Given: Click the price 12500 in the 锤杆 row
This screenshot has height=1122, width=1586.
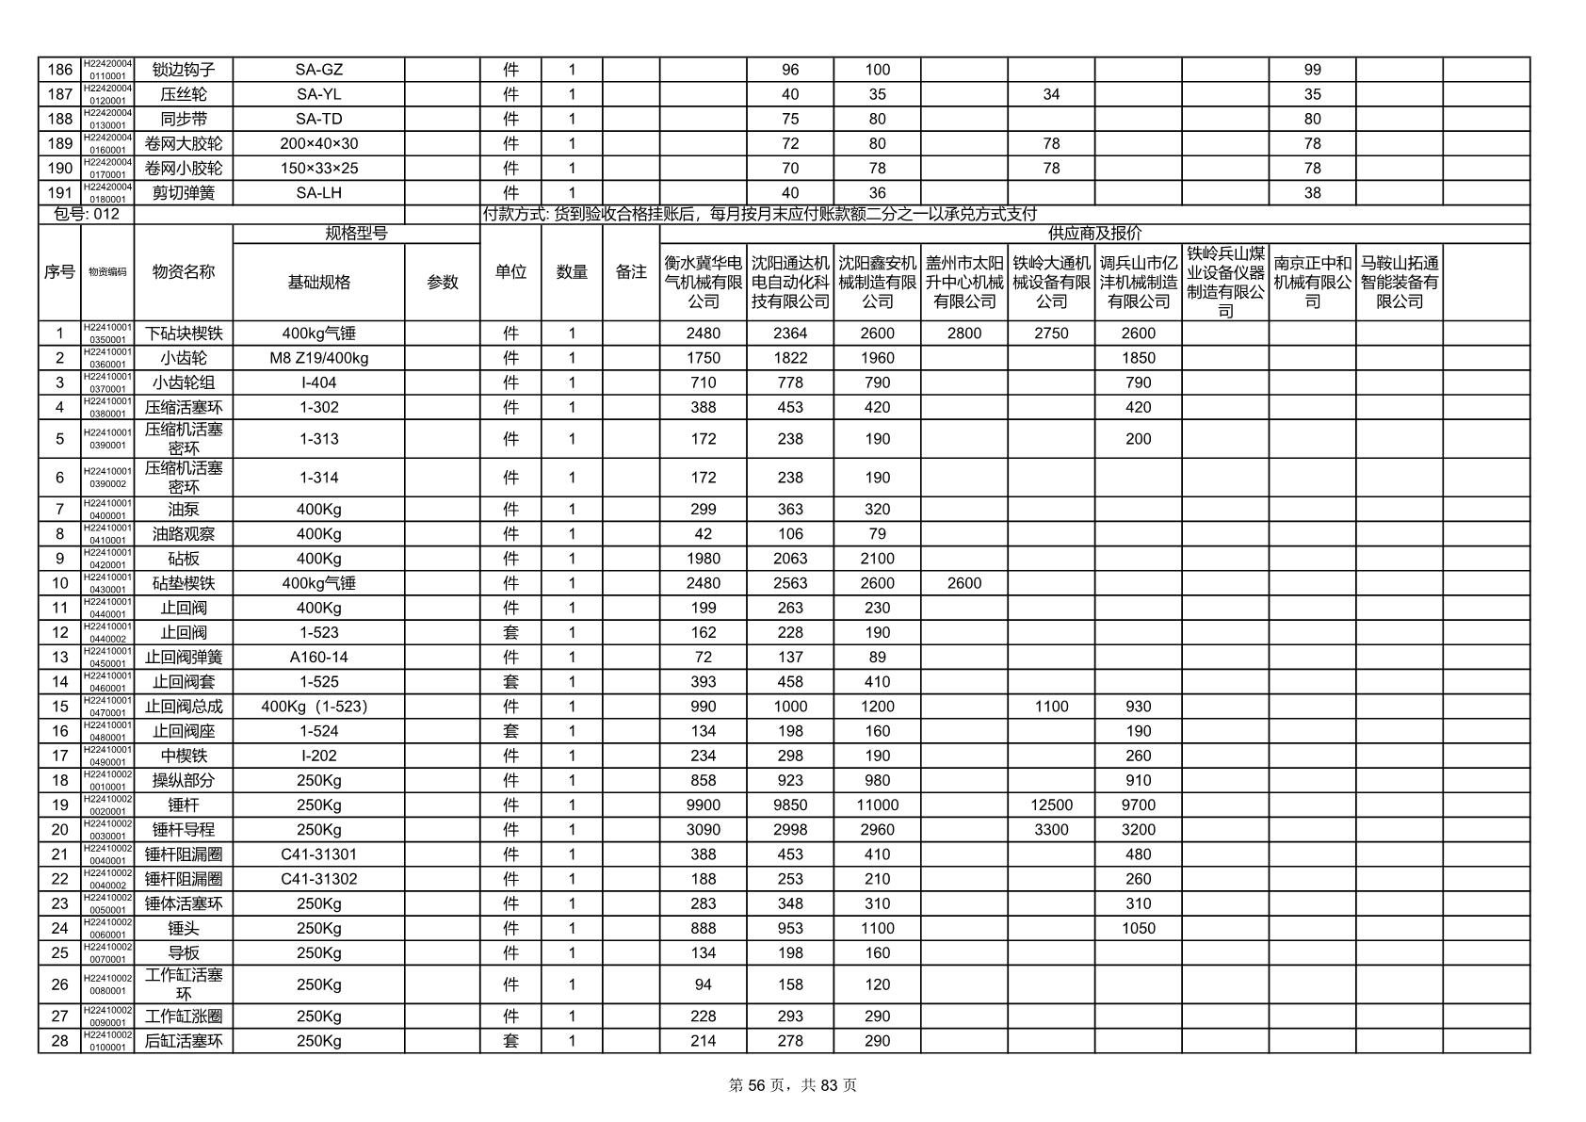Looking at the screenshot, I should click(x=1051, y=805).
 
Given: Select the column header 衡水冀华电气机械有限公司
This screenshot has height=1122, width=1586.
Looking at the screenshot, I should click(x=703, y=282).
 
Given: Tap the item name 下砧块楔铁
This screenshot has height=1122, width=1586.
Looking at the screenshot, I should click(x=184, y=333).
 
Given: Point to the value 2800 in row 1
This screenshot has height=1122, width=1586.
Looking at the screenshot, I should click(x=963, y=333).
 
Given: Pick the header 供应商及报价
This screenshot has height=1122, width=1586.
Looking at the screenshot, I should click(x=1094, y=234).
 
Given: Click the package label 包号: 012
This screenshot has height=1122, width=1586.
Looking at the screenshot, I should click(x=87, y=214).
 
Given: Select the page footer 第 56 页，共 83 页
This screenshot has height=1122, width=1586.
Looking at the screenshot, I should click(x=793, y=1085).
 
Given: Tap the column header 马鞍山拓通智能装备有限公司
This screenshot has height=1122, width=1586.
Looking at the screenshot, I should click(x=1399, y=282).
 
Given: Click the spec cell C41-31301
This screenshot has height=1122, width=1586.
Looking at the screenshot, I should click(x=318, y=854).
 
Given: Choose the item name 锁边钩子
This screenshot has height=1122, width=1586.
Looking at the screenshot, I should click(x=184, y=70).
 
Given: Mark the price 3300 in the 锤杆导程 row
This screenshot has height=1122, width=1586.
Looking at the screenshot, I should click(x=1051, y=830).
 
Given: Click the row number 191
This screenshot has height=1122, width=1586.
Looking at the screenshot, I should click(x=59, y=193).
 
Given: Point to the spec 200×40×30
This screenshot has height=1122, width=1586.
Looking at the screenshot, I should click(x=318, y=144).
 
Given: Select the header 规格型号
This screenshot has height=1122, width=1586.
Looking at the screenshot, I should click(x=356, y=234).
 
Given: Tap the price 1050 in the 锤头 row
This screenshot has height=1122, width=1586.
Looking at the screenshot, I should click(x=1138, y=928).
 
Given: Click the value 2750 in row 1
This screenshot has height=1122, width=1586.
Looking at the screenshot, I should click(x=1051, y=333).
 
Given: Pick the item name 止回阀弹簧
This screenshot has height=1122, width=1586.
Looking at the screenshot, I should click(x=184, y=658).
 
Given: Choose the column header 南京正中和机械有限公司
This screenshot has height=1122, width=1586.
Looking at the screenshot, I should click(x=1312, y=282).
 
